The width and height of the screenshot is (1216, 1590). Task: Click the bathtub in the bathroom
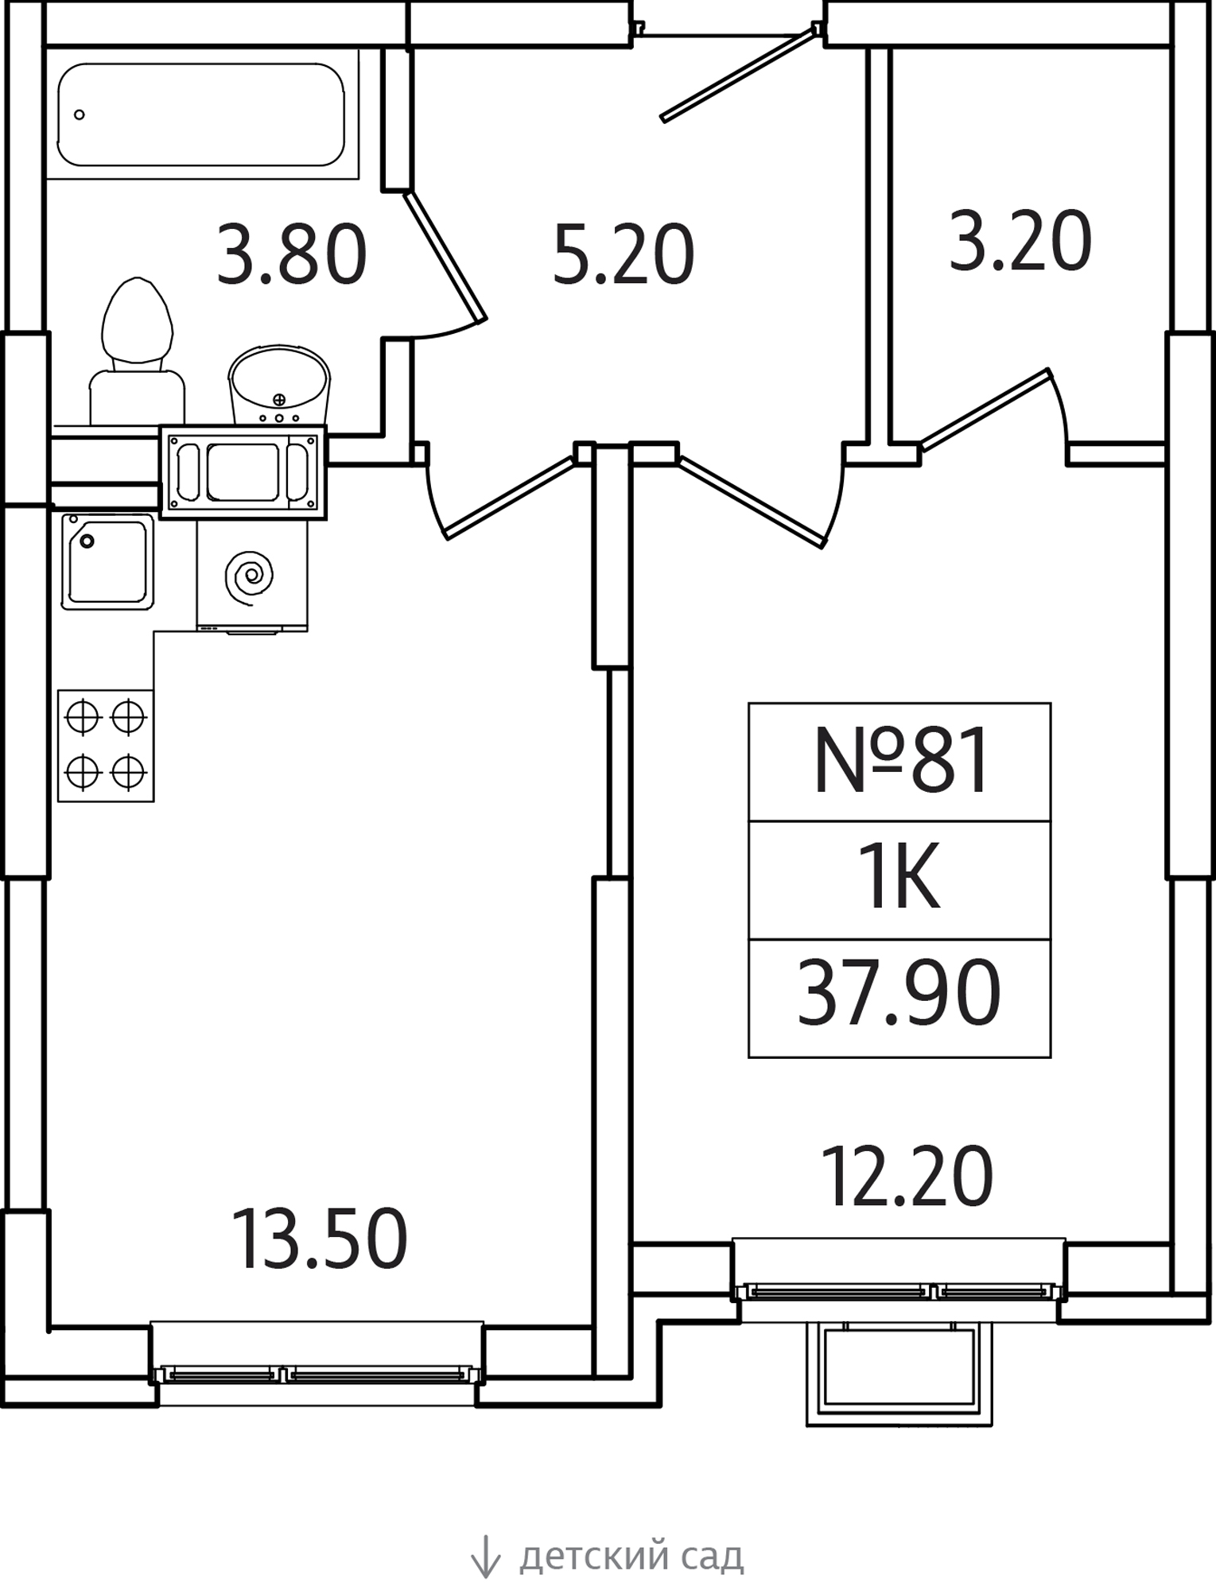pyautogui.click(x=201, y=114)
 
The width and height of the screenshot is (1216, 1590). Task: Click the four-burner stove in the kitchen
pyautogui.click(x=106, y=745)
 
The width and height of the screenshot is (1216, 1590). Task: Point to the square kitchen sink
pyautogui.click(x=107, y=561)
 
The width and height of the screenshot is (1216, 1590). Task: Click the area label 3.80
pyautogui.click(x=291, y=255)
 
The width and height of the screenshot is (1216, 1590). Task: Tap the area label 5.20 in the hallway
pyautogui.click(x=623, y=255)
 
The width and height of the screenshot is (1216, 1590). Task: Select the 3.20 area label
pyautogui.click(x=1020, y=241)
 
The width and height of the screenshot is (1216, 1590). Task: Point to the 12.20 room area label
pyautogui.click(x=907, y=1177)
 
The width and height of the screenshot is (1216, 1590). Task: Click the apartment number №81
pyautogui.click(x=900, y=762)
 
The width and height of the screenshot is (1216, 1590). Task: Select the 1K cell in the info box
pyautogui.click(x=900, y=879)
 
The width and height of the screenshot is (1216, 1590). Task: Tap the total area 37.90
pyautogui.click(x=899, y=994)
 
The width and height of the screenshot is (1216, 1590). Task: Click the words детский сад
pyautogui.click(x=631, y=1557)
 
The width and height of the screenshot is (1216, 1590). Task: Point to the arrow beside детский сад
pyautogui.click(x=485, y=1557)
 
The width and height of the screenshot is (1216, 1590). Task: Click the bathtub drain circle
pyautogui.click(x=80, y=114)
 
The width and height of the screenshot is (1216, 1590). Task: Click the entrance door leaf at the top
pyautogui.click(x=739, y=76)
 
